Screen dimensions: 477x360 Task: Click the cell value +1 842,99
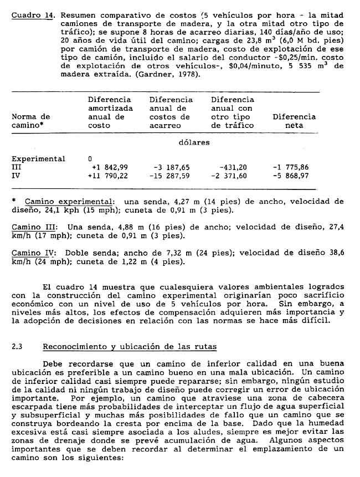111,167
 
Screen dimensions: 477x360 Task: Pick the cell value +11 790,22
110,176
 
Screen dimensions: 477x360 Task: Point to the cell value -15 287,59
170,176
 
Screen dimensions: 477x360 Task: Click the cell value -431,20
233,167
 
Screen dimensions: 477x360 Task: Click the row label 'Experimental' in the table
38,159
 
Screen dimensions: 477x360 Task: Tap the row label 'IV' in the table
16,176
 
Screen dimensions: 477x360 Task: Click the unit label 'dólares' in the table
194,142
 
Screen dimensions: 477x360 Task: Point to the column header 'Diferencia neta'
294,121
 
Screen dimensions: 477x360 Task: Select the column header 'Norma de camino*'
30,121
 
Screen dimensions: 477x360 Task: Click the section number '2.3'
17,347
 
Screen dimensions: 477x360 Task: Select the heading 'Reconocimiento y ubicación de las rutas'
130,347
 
